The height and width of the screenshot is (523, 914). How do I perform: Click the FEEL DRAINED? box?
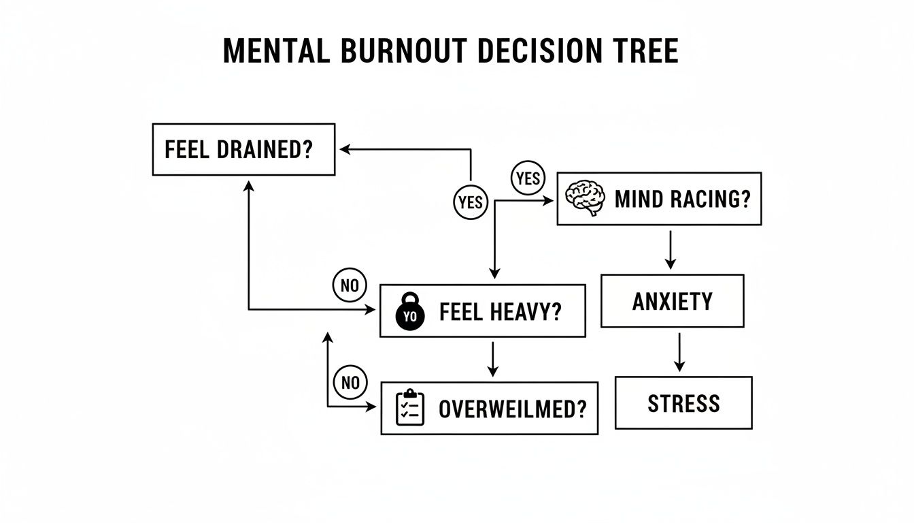[x=243, y=150]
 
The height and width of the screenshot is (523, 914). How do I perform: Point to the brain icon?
[x=586, y=198]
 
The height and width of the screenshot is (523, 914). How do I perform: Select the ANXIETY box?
[x=672, y=301]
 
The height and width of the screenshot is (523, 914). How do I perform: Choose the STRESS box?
[x=683, y=403]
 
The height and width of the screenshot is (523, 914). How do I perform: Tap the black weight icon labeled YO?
[x=410, y=312]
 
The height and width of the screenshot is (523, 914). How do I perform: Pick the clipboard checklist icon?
[x=410, y=408]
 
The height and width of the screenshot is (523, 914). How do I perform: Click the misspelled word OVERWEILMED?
[x=512, y=409]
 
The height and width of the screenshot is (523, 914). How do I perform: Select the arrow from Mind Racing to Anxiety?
[x=671, y=249]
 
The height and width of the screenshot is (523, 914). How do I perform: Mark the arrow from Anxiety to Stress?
[x=679, y=352]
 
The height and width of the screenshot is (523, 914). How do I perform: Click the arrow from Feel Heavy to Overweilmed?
[x=493, y=359]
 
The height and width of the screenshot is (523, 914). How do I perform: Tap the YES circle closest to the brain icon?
[x=528, y=179]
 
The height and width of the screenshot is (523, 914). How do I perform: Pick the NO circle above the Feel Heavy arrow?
[x=350, y=285]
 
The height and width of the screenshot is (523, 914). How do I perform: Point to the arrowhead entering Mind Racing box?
[x=550, y=200]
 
